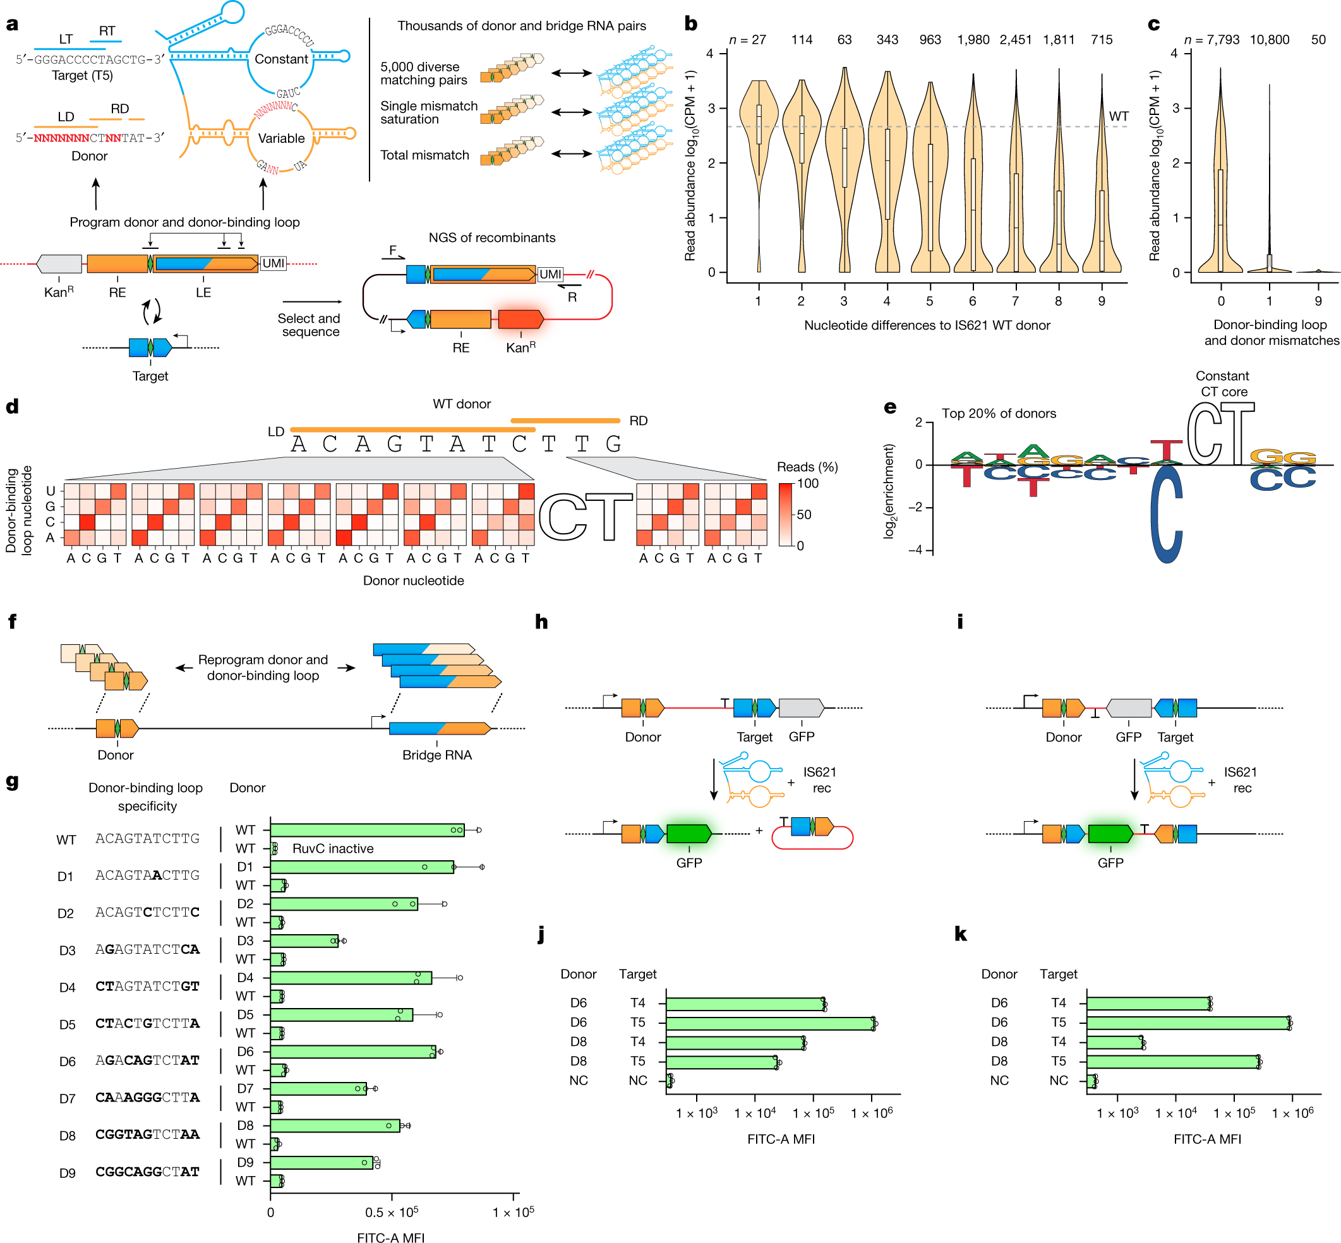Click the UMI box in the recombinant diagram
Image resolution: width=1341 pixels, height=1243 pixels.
tap(550, 273)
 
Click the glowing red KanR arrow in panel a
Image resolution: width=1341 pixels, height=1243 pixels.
tap(520, 319)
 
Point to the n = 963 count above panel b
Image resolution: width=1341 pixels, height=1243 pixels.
tap(929, 40)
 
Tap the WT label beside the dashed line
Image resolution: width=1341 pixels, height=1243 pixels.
tap(1119, 116)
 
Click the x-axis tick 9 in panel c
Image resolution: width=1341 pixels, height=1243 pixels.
tap(1318, 301)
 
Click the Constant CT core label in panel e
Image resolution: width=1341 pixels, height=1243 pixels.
tap(1222, 383)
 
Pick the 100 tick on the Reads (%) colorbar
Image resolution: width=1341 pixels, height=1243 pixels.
tap(807, 483)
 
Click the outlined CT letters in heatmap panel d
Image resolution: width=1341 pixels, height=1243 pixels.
tap(585, 517)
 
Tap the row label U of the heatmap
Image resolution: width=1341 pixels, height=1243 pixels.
tap(50, 490)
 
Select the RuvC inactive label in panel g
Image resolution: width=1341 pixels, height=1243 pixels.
tap(332, 848)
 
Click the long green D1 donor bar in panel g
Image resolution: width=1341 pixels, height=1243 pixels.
tap(362, 867)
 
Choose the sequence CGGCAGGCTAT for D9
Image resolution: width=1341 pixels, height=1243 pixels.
tap(147, 1172)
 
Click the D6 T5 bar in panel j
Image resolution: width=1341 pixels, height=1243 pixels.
tap(769, 1023)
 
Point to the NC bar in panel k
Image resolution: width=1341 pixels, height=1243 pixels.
tap(1091, 1081)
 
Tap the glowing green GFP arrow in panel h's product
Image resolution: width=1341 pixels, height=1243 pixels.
tap(689, 834)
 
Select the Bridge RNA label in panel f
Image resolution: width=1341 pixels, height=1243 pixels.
tap(436, 755)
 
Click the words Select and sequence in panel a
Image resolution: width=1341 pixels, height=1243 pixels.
tap(310, 325)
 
